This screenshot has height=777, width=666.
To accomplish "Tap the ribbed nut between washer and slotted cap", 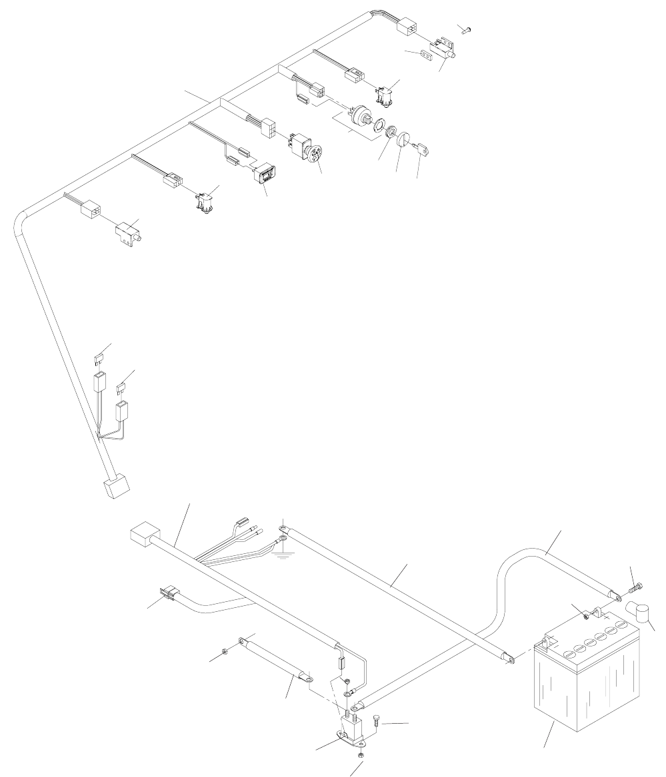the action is click(x=390, y=131).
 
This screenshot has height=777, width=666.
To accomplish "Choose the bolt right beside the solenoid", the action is click(x=377, y=719).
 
